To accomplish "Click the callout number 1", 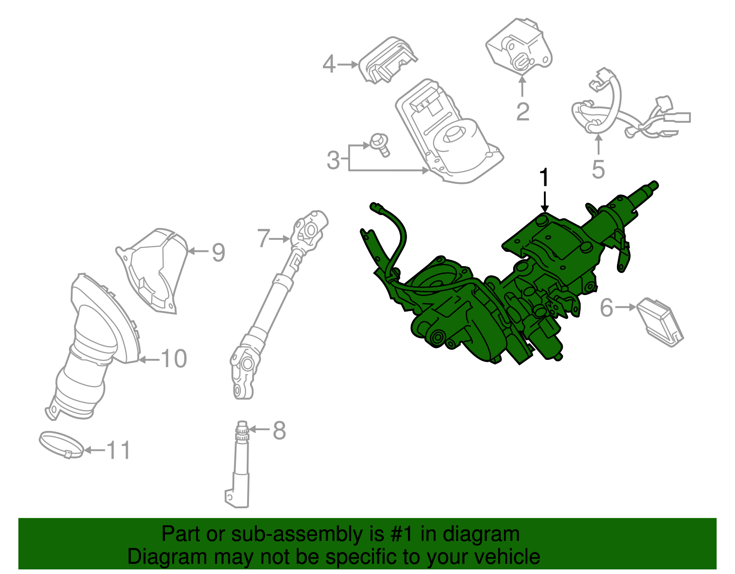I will (x=544, y=177).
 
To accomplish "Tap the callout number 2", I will (x=523, y=112).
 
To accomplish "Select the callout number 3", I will (x=334, y=160).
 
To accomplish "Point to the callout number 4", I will (x=329, y=64).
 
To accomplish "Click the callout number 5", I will (x=598, y=170).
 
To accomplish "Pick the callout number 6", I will (x=606, y=307).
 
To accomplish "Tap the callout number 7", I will (x=263, y=239).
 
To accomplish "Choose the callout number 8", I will (x=279, y=431).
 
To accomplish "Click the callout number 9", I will (x=218, y=252).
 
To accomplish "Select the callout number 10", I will (x=174, y=359).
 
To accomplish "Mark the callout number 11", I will (x=119, y=450).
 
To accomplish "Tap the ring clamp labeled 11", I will (x=62, y=444).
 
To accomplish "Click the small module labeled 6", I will (x=660, y=321).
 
